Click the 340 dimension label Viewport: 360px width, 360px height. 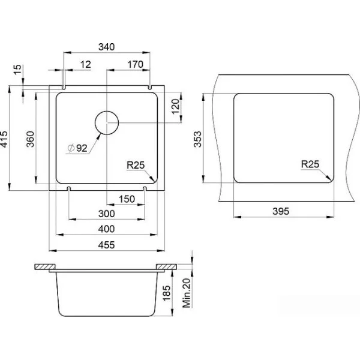(x=106, y=47)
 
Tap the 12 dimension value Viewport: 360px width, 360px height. (x=86, y=65)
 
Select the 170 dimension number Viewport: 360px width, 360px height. (x=136, y=65)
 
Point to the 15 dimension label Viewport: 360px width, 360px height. (x=17, y=70)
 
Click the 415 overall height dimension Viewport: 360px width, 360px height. (x=4, y=139)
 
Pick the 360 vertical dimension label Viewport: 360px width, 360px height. (x=31, y=139)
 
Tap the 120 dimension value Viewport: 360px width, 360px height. (x=175, y=107)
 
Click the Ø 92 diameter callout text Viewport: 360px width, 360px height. (x=77, y=148)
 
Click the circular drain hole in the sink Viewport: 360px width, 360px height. (x=107, y=123)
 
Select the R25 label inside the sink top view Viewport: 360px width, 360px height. (x=136, y=165)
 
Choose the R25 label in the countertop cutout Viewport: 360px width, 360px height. (x=310, y=164)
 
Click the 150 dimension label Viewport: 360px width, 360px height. (x=127, y=199)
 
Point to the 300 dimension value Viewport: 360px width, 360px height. (x=107, y=214)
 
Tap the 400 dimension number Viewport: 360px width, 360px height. (x=106, y=229)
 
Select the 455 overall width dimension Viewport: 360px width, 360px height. (x=106, y=245)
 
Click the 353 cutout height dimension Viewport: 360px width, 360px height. (x=197, y=139)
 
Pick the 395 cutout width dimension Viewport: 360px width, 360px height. (x=281, y=211)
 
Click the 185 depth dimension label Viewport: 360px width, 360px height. (x=167, y=293)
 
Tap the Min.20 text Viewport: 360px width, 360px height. (x=187, y=293)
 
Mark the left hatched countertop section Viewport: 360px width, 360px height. (x=45, y=267)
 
